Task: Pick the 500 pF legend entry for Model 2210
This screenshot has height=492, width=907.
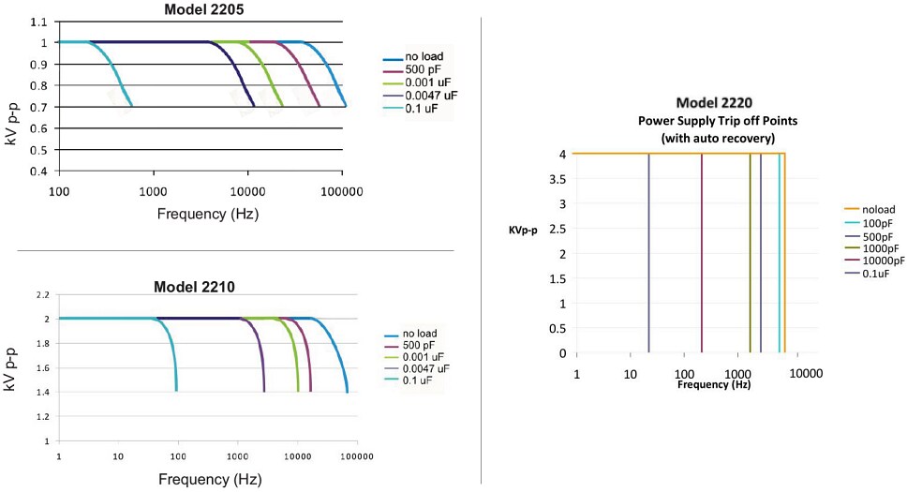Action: (417, 344)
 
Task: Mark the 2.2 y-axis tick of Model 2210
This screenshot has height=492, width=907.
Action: (41, 294)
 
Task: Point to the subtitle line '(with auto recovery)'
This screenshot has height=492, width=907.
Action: (707, 138)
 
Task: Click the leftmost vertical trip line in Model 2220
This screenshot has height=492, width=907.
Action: (648, 253)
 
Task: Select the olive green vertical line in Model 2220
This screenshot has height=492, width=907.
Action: (750, 253)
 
